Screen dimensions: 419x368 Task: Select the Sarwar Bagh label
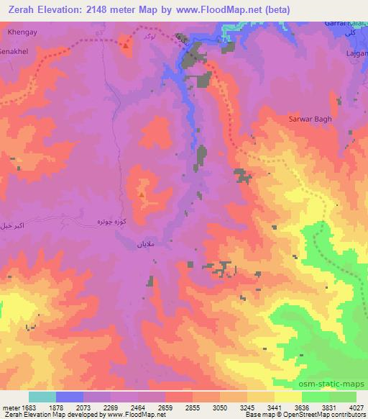tap(310, 119)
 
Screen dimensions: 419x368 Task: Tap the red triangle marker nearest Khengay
tap(126, 46)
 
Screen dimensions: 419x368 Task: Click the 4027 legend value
tap(356, 407)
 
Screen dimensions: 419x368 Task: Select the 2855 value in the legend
tap(193, 407)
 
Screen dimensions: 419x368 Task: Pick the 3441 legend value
tap(275, 407)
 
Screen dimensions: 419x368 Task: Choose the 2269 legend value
tap(111, 407)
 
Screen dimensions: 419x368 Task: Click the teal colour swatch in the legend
tap(42, 397)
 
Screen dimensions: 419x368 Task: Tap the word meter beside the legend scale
tap(11, 407)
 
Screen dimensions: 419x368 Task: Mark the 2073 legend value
tap(83, 407)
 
